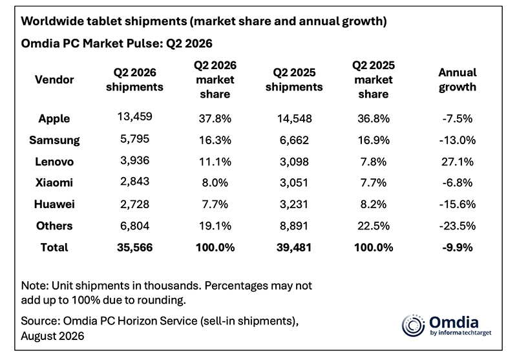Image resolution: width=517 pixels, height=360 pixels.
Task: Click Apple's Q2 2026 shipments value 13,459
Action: tap(135, 116)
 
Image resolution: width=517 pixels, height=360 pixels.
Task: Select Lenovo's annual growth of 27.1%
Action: tap(458, 162)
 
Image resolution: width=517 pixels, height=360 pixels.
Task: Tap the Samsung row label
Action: tap(54, 140)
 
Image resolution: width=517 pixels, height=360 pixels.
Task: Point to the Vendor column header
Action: tap(54, 79)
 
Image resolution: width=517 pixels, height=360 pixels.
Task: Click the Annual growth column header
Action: tap(458, 79)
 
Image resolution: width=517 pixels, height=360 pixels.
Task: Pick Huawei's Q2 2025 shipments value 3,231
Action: tap(294, 204)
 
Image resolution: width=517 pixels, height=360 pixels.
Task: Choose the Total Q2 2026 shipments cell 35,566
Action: tap(135, 248)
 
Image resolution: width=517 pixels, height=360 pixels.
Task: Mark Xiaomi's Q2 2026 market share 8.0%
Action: tap(215, 183)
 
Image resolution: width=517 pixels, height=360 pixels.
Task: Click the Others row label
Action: tap(54, 226)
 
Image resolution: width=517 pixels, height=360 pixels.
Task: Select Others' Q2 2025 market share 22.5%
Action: tap(374, 226)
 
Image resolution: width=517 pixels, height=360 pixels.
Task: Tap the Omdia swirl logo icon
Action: tap(413, 325)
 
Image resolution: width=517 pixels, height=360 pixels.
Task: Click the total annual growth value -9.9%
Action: tap(458, 248)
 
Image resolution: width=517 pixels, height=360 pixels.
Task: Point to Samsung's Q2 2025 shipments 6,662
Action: tap(294, 140)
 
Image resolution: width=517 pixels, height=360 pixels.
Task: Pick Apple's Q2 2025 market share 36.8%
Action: tap(374, 118)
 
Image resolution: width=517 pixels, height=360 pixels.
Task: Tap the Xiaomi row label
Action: tap(54, 183)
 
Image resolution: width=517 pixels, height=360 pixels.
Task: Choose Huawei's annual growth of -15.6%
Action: tap(458, 204)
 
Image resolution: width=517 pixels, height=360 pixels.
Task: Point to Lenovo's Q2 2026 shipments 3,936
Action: tap(135, 160)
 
